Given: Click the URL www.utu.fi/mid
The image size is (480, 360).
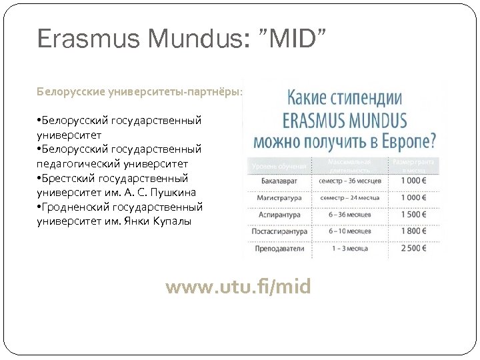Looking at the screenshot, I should click(238, 287).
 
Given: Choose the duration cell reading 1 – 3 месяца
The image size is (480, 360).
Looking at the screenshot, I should click(351, 249).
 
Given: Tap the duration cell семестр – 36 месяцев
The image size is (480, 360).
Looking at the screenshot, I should click(351, 181).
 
